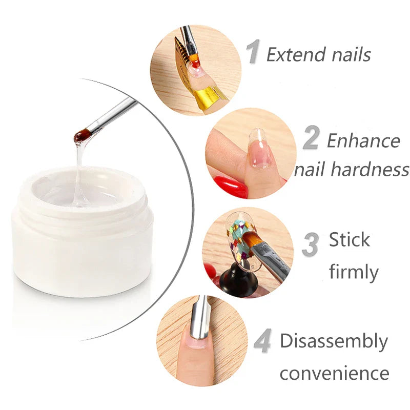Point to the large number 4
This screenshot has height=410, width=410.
point(262,342)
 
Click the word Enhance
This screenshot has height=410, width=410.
point(363,140)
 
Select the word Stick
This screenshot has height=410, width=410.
point(349,239)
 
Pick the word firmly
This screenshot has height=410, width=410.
point(354,272)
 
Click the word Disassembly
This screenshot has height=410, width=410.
point(334,341)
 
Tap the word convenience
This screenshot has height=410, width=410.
point(334,373)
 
